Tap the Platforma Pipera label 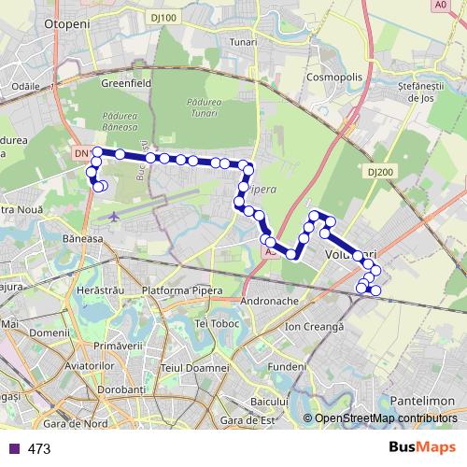point(182,290)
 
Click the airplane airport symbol point(114,217)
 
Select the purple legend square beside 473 point(14,448)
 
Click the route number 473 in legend point(39,448)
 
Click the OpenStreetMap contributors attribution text point(386,417)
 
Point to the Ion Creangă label point(315,326)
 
